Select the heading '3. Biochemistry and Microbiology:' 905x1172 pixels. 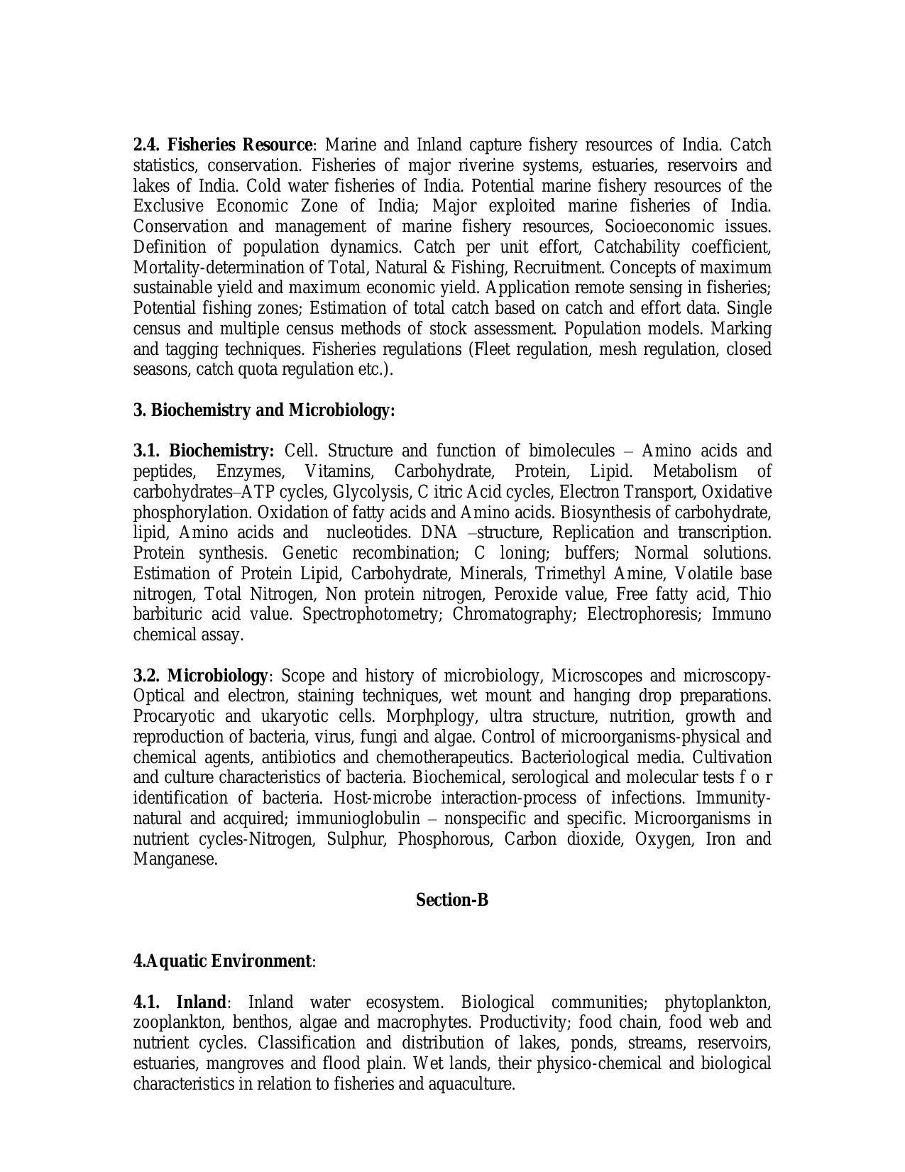(264, 410)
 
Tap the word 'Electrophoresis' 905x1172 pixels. (643, 614)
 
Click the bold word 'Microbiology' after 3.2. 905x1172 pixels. (218, 675)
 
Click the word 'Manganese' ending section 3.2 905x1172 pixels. (173, 860)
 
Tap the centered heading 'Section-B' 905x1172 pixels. (452, 900)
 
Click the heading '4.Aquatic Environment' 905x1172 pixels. (222, 961)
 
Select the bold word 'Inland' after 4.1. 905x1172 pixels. (201, 1002)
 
